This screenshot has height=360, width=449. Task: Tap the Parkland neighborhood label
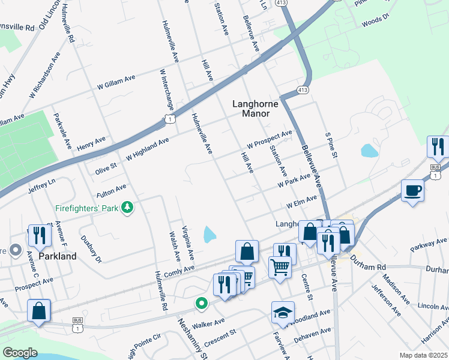coord(58,256)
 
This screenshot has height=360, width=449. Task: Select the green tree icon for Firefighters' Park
coord(127,208)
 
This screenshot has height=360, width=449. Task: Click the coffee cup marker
coord(412,191)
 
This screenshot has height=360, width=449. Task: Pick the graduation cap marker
coord(282,313)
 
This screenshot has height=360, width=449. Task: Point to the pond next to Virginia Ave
coord(209,234)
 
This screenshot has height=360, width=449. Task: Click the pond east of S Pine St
coord(369,150)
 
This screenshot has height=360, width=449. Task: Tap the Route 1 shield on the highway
coord(170,119)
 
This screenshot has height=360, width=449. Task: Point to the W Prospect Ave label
coord(269,140)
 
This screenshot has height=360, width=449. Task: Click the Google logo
coord(20,353)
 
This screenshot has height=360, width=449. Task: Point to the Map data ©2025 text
coord(423,355)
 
